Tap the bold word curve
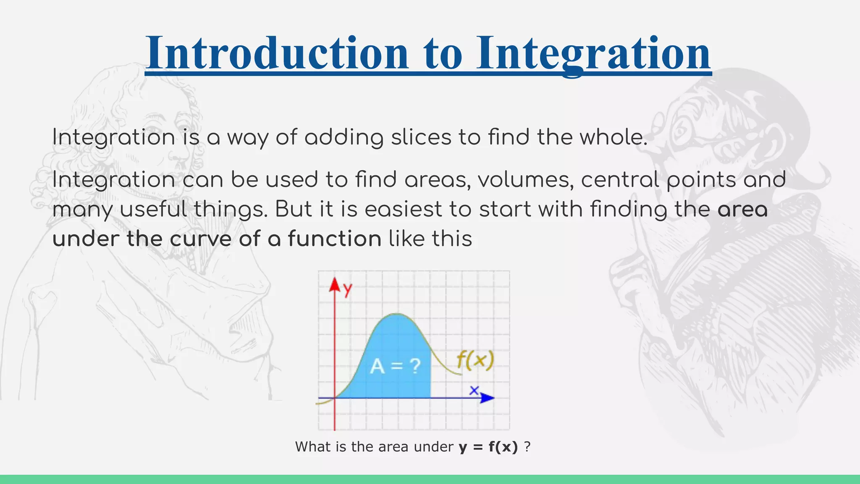(200, 239)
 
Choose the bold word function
(335, 239)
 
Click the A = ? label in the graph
(395, 366)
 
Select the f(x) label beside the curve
(475, 360)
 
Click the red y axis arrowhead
(334, 284)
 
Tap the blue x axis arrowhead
(487, 398)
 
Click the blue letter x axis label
(474, 390)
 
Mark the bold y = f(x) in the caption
(488, 447)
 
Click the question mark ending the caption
(527, 447)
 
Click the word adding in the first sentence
(344, 137)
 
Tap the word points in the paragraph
(701, 180)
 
